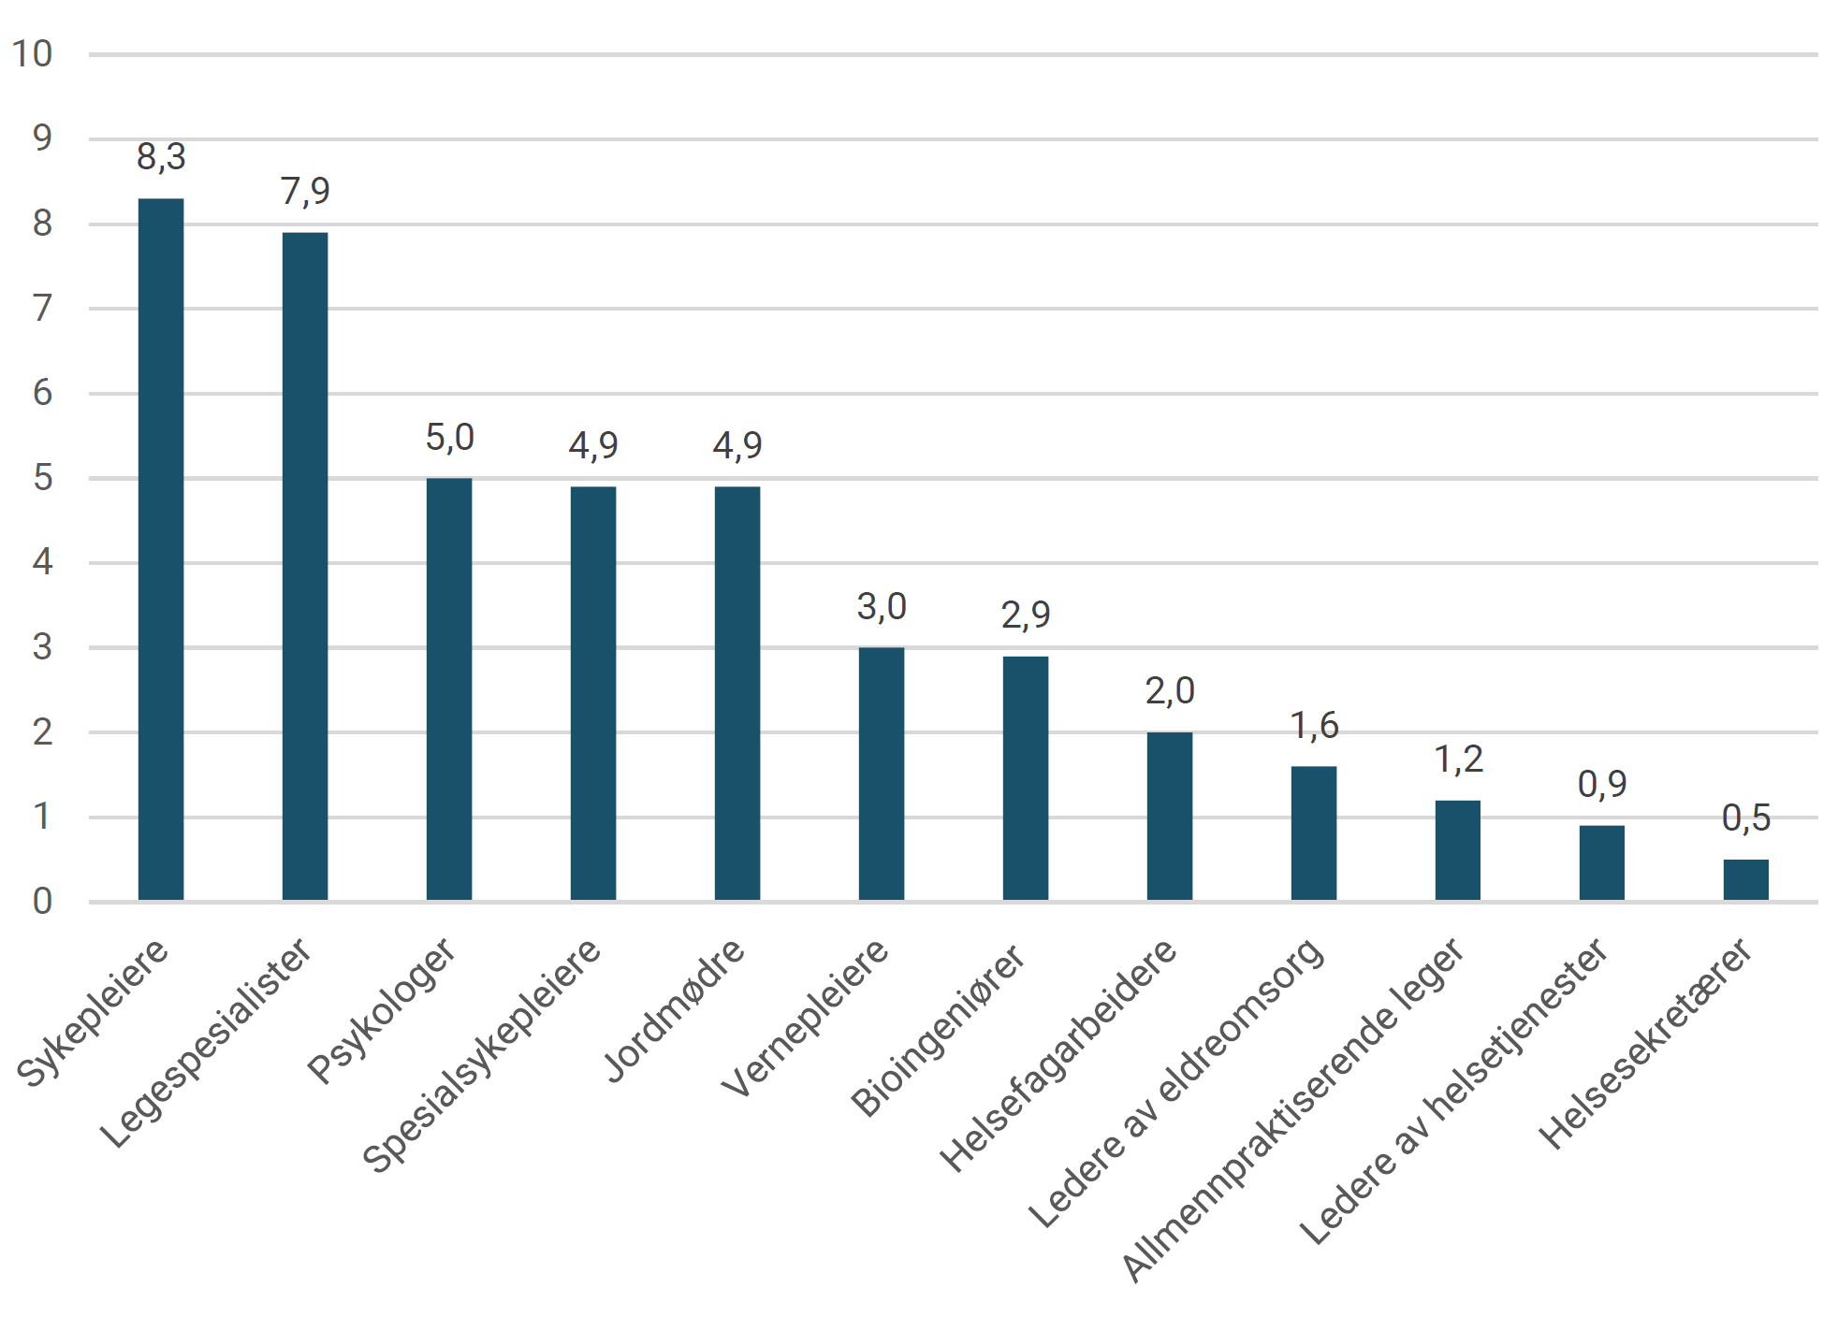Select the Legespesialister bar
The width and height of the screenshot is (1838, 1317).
click(305, 567)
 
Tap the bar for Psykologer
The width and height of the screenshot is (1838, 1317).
click(449, 689)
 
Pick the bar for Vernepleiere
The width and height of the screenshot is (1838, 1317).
click(882, 774)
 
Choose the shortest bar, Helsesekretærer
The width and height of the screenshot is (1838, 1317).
click(1746, 880)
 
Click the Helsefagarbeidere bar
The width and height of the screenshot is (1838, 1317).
click(1170, 817)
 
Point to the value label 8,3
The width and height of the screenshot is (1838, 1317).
click(161, 157)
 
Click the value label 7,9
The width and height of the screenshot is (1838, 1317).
click(305, 191)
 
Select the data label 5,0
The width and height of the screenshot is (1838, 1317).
click(449, 437)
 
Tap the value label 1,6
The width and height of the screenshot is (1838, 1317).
click(1314, 725)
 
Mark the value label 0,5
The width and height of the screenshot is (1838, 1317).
click(1746, 818)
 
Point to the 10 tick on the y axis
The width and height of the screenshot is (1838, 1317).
click(32, 54)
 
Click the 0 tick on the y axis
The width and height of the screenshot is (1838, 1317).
click(42, 902)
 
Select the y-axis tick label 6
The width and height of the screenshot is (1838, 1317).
click(42, 393)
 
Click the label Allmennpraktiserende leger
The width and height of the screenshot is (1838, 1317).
click(1292, 1109)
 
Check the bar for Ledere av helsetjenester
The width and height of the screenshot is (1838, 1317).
click(1602, 863)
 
